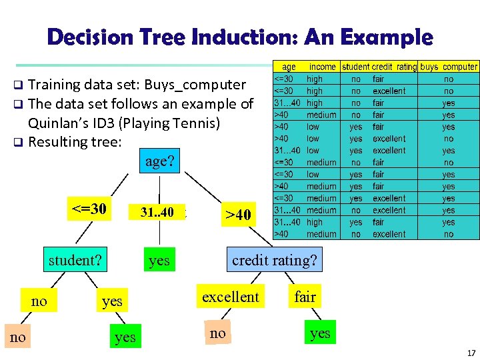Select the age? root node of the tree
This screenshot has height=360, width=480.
click(x=159, y=162)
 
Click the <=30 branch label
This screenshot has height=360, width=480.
click(x=89, y=209)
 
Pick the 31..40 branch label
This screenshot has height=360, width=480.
click(x=157, y=212)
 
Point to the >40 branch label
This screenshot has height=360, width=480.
click(x=238, y=215)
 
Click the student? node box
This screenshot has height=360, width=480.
click(x=75, y=260)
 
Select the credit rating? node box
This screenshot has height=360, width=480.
click(x=274, y=260)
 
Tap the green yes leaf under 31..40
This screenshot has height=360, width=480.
click(x=159, y=261)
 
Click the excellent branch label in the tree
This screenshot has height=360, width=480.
click(x=230, y=297)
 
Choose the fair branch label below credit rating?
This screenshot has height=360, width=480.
click(x=305, y=297)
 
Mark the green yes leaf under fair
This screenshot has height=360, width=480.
click(x=320, y=333)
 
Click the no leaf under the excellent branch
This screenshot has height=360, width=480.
click(x=217, y=333)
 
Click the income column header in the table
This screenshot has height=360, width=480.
click(x=322, y=67)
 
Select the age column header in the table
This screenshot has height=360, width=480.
click(x=289, y=67)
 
